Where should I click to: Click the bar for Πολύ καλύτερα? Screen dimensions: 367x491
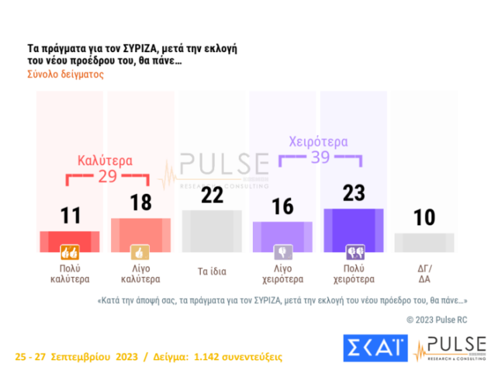[x=70, y=239]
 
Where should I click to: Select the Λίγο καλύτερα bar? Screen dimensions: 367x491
[x=140, y=231]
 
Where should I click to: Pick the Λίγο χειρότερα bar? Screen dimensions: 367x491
[x=283, y=234]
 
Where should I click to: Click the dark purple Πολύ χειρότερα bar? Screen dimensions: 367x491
[x=354, y=227]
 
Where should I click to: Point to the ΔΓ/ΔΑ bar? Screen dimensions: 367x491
[x=424, y=241]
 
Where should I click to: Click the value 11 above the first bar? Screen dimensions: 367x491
[x=70, y=216]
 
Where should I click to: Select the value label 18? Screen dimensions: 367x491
[x=140, y=203]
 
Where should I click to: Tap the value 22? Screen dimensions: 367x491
[x=211, y=195]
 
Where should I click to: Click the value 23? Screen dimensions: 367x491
[x=354, y=193]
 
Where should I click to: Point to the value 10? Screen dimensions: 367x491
[x=424, y=217]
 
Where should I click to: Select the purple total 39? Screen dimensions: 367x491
[x=319, y=158]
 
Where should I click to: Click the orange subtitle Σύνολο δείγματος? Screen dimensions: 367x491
[x=66, y=74]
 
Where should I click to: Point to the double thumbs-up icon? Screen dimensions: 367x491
[x=70, y=253]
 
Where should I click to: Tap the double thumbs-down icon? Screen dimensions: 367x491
[x=354, y=253]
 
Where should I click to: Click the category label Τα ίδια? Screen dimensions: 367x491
[x=211, y=272]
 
